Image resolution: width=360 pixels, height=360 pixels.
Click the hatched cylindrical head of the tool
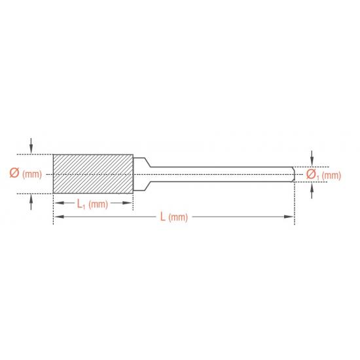(x=93, y=174)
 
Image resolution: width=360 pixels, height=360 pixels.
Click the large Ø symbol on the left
(x=14, y=173)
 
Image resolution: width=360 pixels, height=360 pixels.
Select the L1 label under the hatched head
(x=81, y=204)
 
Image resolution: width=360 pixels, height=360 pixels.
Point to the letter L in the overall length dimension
(x=162, y=217)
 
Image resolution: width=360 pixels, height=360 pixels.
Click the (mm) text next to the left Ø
(x=32, y=174)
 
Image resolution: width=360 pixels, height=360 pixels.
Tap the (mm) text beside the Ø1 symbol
(x=331, y=175)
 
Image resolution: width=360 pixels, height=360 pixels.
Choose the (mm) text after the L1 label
(x=98, y=204)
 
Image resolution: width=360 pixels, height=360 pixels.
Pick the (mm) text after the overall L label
(x=178, y=217)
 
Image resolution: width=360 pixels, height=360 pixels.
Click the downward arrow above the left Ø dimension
(x=31, y=146)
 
